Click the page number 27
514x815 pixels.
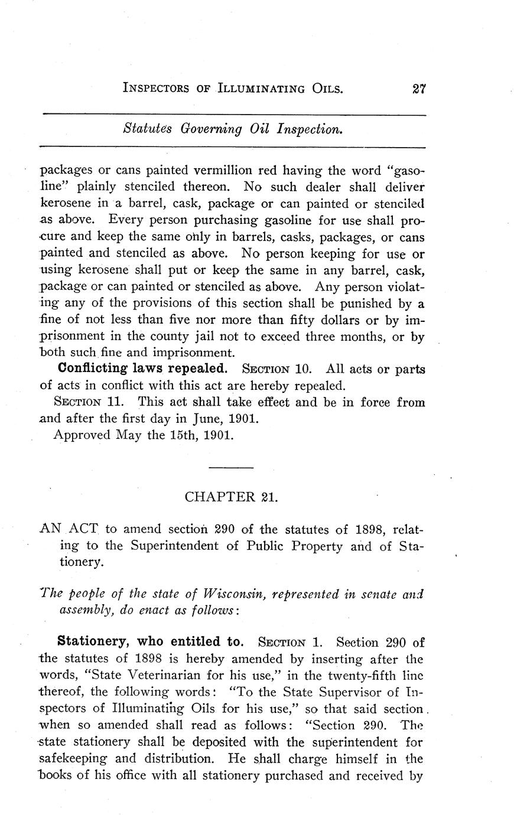tap(419, 89)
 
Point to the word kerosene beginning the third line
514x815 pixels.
tap(65, 203)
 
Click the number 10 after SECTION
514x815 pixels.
tap(302, 370)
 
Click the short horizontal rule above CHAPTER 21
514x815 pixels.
tap(231, 468)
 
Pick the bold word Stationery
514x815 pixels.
tap(91, 642)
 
